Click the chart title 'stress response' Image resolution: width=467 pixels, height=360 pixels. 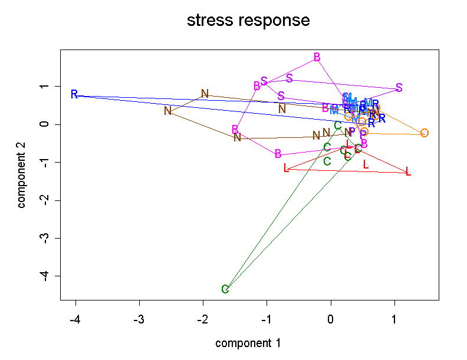[x=248, y=21]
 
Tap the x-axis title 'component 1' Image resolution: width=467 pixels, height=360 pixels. [x=248, y=343]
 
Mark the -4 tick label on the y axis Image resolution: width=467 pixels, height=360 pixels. [x=44, y=276]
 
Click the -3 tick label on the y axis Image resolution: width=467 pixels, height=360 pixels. [x=44, y=238]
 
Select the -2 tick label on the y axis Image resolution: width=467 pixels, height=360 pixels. [x=44, y=200]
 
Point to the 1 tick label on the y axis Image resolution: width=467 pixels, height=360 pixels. [x=44, y=87]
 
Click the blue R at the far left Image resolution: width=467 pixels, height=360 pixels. [x=74, y=94]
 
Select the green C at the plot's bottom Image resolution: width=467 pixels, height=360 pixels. [x=225, y=289]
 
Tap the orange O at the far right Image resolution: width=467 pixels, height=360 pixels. [x=425, y=133]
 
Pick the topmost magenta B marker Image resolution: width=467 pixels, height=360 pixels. [x=317, y=57]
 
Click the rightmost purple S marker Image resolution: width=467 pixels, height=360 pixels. [x=399, y=88]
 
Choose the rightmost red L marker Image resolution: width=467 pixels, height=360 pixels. [x=408, y=172]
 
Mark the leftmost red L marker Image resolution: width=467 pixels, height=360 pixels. [x=287, y=169]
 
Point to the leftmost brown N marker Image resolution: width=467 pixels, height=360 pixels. [x=168, y=110]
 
